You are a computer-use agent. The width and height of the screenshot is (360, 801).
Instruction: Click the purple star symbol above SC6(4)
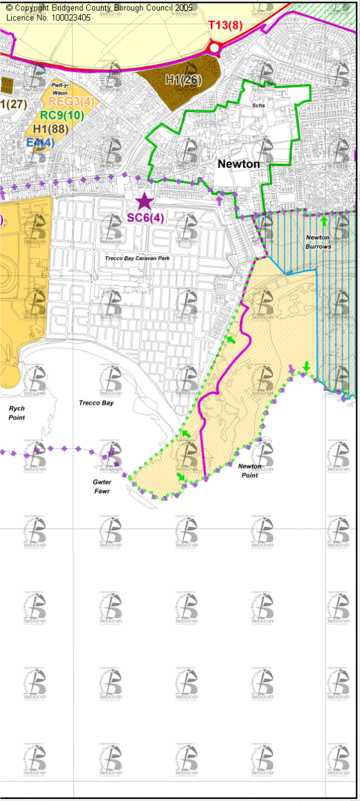(144, 202)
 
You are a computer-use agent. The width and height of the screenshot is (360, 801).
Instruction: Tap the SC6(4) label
(145, 218)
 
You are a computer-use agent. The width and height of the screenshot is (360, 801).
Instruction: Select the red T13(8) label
(225, 25)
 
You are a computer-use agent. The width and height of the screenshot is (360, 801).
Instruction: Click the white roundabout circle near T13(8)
(215, 48)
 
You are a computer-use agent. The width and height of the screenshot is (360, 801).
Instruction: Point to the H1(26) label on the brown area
(183, 79)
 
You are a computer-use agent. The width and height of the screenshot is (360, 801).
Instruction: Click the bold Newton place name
(239, 163)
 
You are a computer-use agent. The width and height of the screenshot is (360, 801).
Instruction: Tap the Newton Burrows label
(318, 242)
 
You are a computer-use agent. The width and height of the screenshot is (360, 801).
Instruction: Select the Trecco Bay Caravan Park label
(138, 258)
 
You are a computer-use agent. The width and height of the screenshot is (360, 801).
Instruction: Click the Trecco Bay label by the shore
(96, 403)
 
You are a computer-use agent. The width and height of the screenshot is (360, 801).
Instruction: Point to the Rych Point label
(17, 413)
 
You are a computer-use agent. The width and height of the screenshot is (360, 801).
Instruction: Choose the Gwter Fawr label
(101, 486)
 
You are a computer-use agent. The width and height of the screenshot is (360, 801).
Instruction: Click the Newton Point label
(249, 470)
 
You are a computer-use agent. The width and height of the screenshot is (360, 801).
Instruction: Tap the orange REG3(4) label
(71, 102)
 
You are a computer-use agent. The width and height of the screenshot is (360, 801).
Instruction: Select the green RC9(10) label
(61, 115)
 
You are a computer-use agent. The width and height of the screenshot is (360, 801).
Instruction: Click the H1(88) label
(50, 129)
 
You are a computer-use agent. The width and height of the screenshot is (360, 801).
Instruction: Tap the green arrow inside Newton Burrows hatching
(324, 220)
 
